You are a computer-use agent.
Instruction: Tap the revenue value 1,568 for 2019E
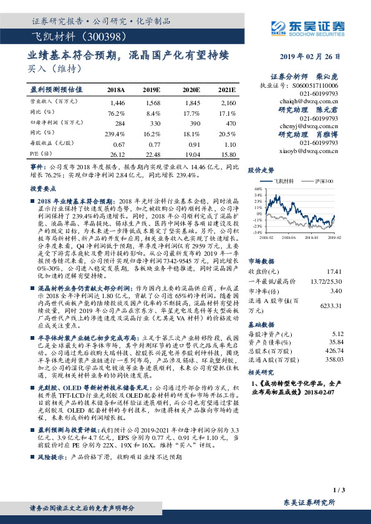pyautogui.click(x=152, y=101)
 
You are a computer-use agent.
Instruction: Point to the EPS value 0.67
pyautogui.click(x=117, y=144)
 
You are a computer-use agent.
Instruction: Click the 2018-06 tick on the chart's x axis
pyautogui.click(x=286, y=238)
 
